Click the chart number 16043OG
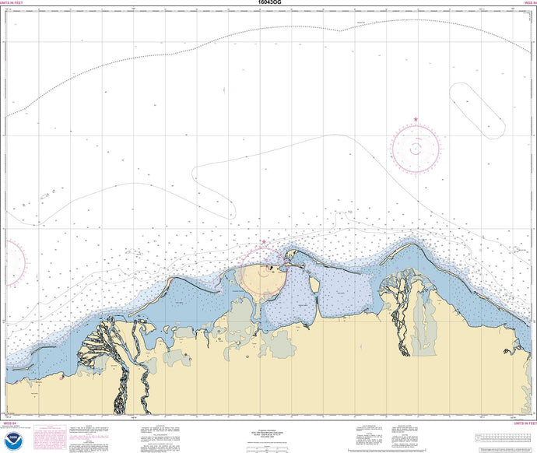coord(268,3)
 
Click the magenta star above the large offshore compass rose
coord(416,119)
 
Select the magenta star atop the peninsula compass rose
coord(264,242)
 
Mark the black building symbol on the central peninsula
coord(271,268)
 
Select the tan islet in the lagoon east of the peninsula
coord(314,285)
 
